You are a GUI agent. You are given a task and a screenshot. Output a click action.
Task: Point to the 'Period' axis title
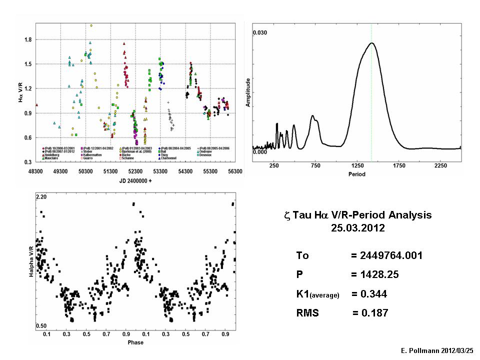(x=357, y=174)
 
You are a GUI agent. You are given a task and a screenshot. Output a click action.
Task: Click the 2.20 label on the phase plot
(x=41, y=198)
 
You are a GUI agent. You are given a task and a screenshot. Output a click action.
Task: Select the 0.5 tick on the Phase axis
(x=86, y=333)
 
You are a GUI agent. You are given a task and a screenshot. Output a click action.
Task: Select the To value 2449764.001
(x=386, y=255)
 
